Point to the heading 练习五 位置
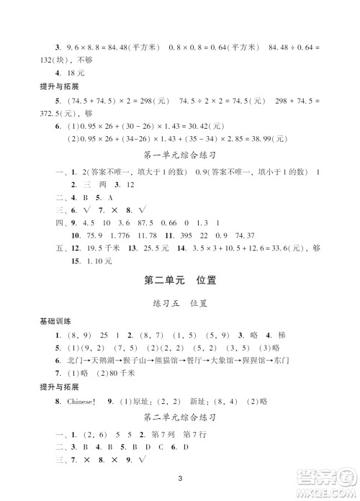[180, 304]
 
